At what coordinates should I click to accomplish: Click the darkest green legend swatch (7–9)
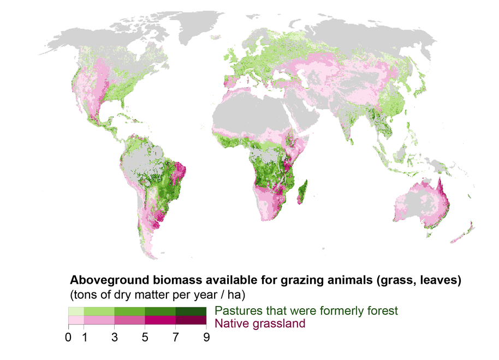pyautogui.click(x=191, y=311)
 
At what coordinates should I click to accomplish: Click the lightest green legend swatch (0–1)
pyautogui.click(x=76, y=311)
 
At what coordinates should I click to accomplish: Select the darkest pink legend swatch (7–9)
pyautogui.click(x=191, y=321)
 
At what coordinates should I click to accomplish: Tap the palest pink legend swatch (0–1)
pyautogui.click(x=76, y=321)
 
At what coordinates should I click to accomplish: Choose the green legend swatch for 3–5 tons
pyautogui.click(x=130, y=311)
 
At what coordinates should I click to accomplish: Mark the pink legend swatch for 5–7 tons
pyautogui.click(x=161, y=321)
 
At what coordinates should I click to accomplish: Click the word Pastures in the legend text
pyautogui.click(x=235, y=311)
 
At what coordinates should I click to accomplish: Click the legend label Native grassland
pyautogui.click(x=260, y=324)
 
